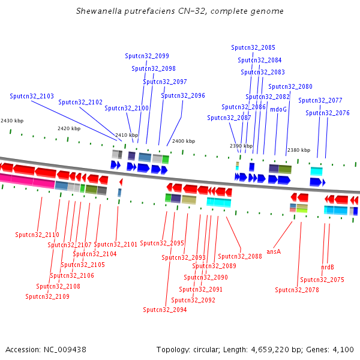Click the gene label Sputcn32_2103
tap(32, 96)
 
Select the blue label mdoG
tap(278, 109)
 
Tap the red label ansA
tap(274, 251)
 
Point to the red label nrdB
tap(328, 267)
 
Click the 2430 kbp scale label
tap(12, 121)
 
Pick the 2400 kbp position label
tap(184, 141)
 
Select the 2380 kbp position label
tap(299, 150)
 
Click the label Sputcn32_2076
tap(327, 113)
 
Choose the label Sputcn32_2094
tap(165, 310)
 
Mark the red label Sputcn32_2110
tap(37, 235)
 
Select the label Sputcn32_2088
tap(240, 256)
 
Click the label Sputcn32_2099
tap(147, 56)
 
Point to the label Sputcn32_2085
tap(253, 47)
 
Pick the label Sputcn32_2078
tap(297, 290)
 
